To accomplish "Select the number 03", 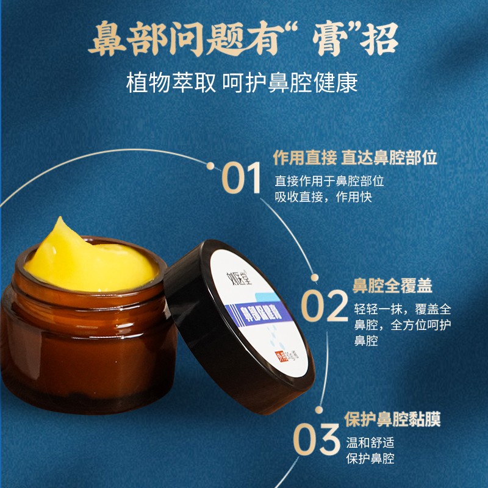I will pyautogui.click(x=315, y=438).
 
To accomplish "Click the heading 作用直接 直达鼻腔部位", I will pyautogui.click(x=355, y=158).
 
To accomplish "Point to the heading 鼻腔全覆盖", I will pyautogui.click(x=392, y=285).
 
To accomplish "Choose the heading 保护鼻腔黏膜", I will pyautogui.click(x=392, y=420).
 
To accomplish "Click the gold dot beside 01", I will pyautogui.click(x=210, y=165).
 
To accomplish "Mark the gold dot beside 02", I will pyautogui.click(x=315, y=278).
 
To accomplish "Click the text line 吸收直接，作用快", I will pyautogui.click(x=323, y=197).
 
